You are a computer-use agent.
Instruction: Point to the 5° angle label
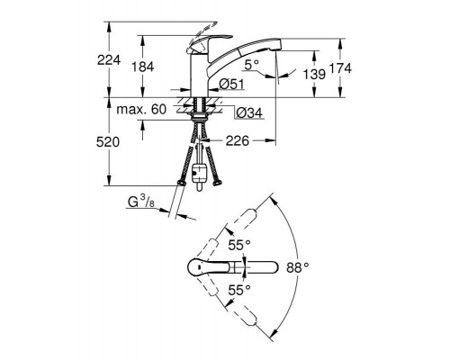(x=255, y=64)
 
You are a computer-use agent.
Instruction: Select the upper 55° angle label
(x=238, y=244)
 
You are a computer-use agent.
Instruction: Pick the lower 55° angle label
(x=238, y=290)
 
